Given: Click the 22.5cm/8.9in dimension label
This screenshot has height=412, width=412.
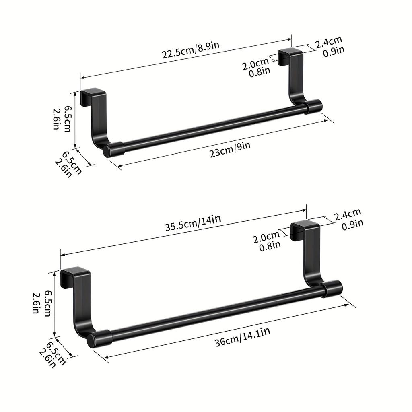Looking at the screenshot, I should [x=191, y=50].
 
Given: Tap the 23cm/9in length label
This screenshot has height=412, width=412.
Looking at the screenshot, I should [x=230, y=149].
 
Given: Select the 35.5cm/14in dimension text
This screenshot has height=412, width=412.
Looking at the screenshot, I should [x=193, y=222].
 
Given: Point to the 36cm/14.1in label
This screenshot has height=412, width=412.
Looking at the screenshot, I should [x=242, y=337].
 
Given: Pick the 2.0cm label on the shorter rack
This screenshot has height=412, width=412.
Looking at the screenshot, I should [x=255, y=64].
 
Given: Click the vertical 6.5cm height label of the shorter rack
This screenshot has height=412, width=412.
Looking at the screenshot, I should [x=68, y=119].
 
